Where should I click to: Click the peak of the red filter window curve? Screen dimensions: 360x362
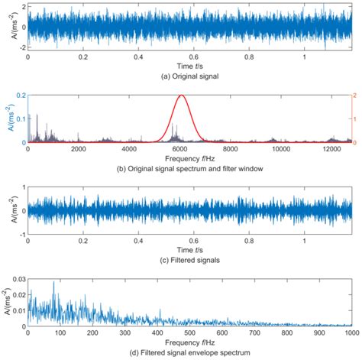coord(181,96)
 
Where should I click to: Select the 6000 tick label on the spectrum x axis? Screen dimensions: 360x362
coord(181,150)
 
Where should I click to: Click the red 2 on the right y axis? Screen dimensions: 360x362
coord(354,96)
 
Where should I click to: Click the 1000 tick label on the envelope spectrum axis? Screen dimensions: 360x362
coord(349,332)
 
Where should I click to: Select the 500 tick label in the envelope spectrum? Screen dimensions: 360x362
coord(189,332)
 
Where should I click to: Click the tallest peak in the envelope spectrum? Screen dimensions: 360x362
coord(54,284)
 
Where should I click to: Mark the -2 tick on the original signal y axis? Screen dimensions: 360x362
coord(21,49)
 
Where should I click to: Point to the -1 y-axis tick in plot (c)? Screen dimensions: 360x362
coord(21,232)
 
